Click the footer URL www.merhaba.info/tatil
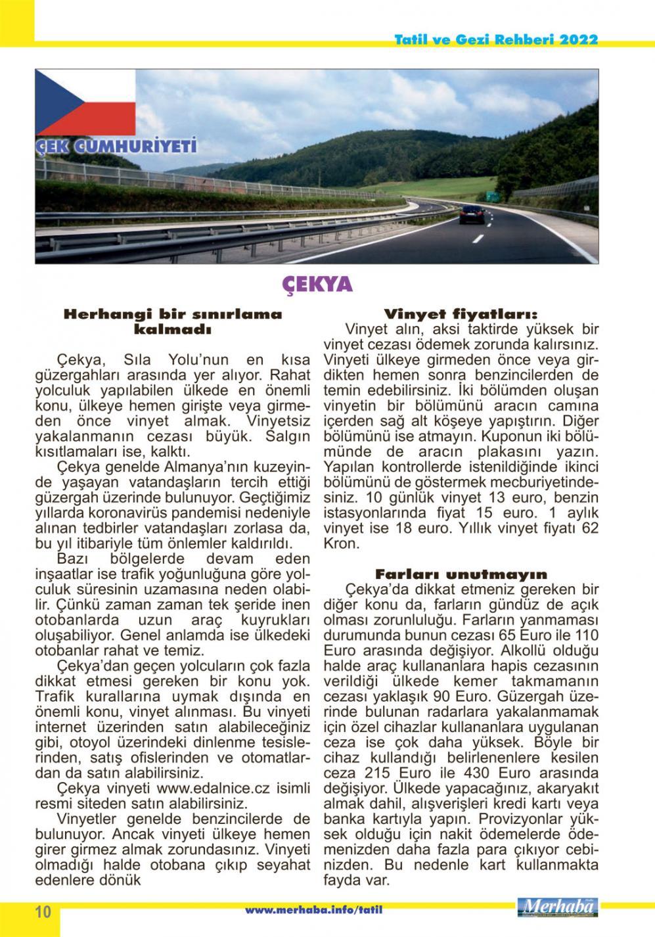point(313,910)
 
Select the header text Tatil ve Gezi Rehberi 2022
point(496,40)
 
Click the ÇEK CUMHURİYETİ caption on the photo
point(116,146)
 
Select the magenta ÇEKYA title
point(317,284)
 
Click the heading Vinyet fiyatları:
point(461,314)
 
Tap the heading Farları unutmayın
point(461,574)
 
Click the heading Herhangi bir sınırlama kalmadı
point(172,321)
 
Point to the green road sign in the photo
point(490,196)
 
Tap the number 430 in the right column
point(476,772)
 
